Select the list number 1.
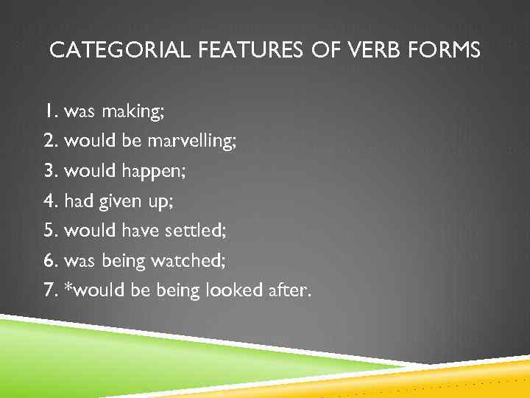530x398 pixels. [49, 112]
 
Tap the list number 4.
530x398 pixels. [50, 200]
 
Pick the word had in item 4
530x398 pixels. [79, 200]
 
